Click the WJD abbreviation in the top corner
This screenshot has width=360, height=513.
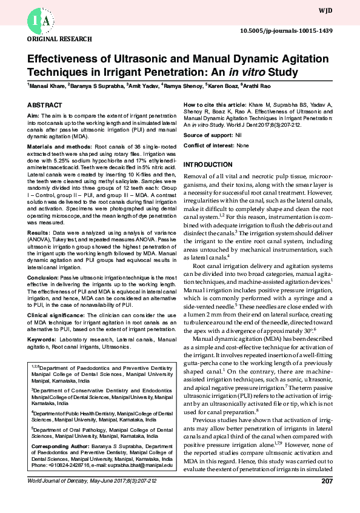point(341,10)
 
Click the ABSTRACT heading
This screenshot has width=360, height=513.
point(45,105)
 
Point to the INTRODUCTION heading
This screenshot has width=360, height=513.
point(208,165)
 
